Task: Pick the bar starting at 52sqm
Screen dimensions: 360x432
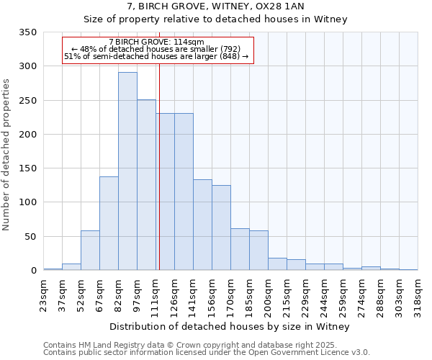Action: pyautogui.click(x=90, y=251)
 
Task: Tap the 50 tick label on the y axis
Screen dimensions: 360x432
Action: pyautogui.click(x=30, y=237)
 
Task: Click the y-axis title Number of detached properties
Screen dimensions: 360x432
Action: pyautogui.click(x=7, y=155)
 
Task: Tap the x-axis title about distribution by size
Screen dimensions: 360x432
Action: pyautogui.click(x=230, y=326)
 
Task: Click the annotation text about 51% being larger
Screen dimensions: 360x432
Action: pyautogui.click(x=156, y=56)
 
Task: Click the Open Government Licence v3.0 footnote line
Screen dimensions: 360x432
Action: pyautogui.click(x=206, y=353)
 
